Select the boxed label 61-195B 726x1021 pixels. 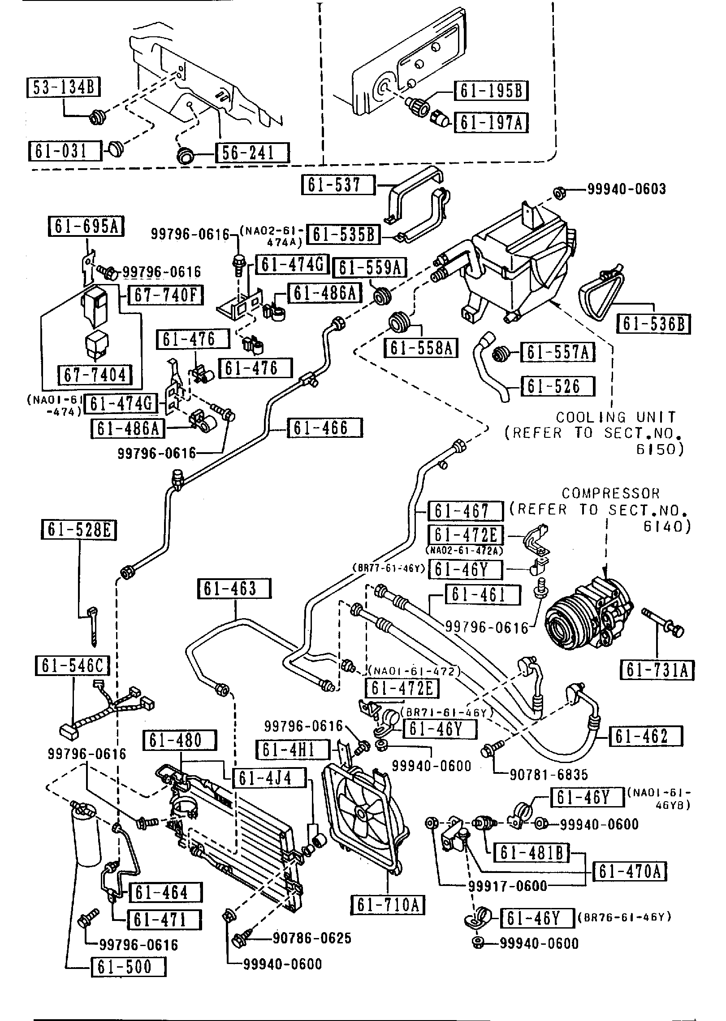[491, 91]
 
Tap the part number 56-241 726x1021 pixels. [252, 153]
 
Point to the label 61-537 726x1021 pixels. [338, 185]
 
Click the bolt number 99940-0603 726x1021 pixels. [627, 189]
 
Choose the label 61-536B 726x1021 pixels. [654, 324]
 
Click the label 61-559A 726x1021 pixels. [370, 268]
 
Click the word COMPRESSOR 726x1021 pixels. [611, 493]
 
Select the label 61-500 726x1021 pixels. [129, 967]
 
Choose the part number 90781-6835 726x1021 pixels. [549, 775]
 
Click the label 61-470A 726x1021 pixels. [630, 872]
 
